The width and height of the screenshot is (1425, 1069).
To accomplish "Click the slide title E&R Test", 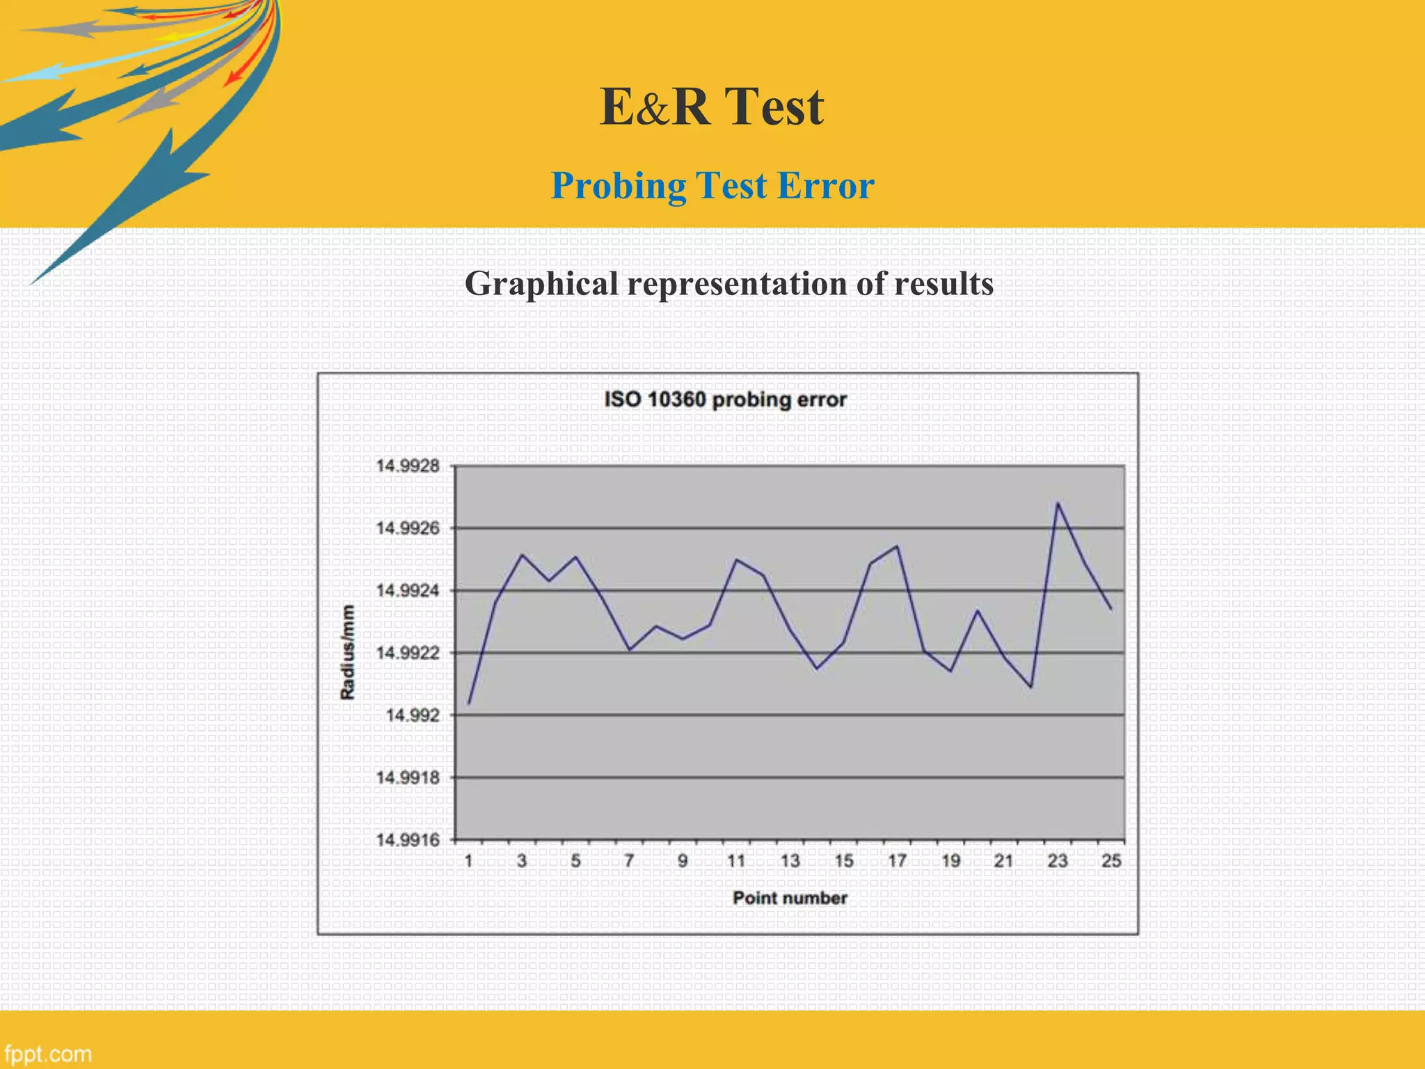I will point(712,107).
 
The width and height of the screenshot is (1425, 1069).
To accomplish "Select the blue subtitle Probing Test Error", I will point(712,186).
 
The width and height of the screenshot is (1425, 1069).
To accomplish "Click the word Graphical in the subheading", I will point(541,284).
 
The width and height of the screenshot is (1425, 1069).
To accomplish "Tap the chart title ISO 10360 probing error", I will point(725,399).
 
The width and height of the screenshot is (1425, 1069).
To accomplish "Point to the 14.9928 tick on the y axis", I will point(408,466).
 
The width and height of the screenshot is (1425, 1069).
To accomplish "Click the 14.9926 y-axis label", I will point(408,528).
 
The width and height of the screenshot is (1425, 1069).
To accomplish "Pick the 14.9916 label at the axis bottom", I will point(408,840).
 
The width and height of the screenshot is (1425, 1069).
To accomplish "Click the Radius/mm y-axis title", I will point(348,652).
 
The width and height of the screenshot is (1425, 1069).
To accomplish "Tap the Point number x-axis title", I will point(790,898).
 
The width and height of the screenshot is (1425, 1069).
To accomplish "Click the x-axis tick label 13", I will point(790,862).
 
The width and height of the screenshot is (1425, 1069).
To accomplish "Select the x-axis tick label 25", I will point(1111,862).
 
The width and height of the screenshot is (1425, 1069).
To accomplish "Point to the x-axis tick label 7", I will point(629,862).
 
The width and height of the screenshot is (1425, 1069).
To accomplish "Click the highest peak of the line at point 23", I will point(1058,502).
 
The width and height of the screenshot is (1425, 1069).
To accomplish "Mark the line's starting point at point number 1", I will point(469,704).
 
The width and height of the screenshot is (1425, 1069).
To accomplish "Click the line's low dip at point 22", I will point(1031,687).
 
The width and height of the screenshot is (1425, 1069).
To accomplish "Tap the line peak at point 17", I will point(898,546).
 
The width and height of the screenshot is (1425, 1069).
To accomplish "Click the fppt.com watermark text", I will point(48,1054).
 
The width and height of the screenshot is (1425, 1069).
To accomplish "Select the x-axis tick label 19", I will point(951,862).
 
